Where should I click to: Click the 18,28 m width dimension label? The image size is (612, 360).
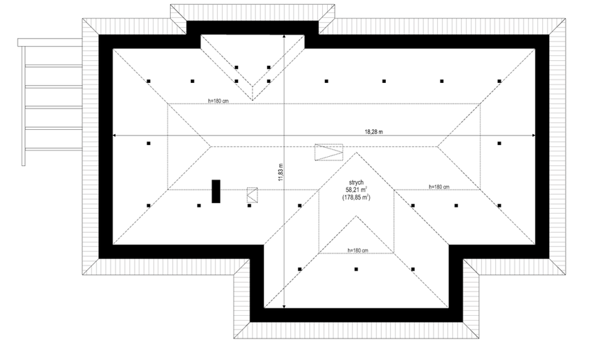point(373,132)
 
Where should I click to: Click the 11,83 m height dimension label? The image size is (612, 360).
point(281,172)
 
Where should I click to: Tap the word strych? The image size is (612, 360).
point(356,182)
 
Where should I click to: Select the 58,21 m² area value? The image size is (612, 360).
point(356,189)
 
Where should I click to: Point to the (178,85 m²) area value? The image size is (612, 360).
point(356,198)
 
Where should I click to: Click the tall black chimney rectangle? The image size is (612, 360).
point(216,191)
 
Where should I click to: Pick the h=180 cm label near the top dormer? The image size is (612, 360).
point(219,101)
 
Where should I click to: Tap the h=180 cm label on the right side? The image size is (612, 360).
point(439,187)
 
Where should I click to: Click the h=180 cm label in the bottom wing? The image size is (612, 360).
point(358,250)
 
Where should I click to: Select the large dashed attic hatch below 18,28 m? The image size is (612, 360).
point(329,152)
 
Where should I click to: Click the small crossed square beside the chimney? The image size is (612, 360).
point(252,195)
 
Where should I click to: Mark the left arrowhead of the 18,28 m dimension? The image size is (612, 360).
point(114,135)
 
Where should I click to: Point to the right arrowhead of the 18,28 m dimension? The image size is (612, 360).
point(534,135)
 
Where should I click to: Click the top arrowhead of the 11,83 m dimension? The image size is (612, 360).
point(284,37)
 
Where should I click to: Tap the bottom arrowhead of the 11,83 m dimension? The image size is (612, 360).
point(284,306)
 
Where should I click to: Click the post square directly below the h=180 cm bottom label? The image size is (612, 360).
point(356,269)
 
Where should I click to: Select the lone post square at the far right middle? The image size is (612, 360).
point(499,144)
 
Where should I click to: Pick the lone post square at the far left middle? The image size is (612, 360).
point(148,144)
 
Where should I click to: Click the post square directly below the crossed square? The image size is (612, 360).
point(250,205)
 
